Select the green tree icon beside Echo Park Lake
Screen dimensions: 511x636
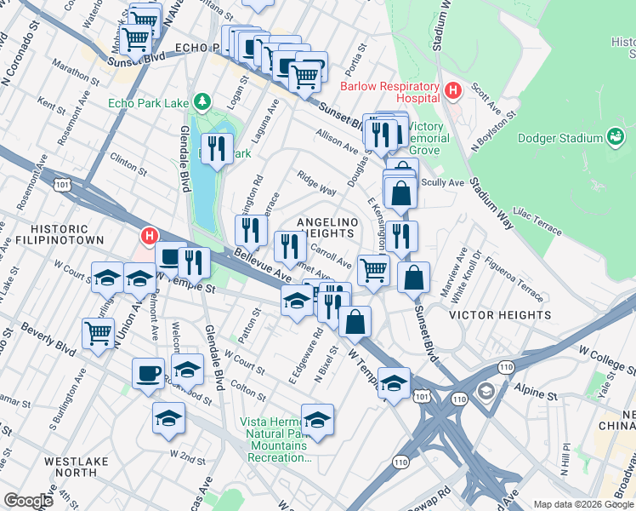click(202, 104)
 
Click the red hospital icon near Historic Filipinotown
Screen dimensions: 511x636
click(150, 236)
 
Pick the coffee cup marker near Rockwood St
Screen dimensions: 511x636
click(148, 373)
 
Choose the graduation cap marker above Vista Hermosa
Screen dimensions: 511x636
click(317, 419)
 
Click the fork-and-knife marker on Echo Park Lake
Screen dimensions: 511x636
click(219, 149)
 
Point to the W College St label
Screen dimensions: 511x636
click(606, 349)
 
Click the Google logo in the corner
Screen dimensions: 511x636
click(28, 501)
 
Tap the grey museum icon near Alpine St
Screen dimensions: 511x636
click(486, 392)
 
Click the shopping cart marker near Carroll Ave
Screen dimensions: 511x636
click(372, 270)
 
